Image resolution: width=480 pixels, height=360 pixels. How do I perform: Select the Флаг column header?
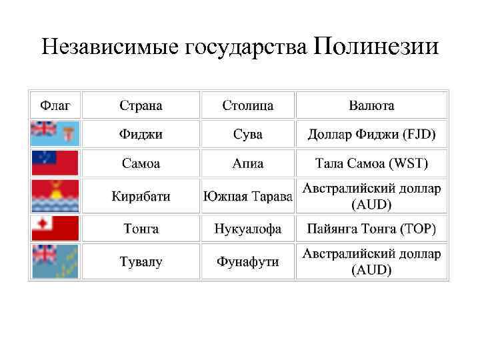[x=55, y=105]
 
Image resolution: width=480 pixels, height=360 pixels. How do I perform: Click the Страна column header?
[x=141, y=105]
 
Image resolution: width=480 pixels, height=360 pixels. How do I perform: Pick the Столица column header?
[x=248, y=105]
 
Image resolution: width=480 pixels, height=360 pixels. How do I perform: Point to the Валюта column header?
[x=371, y=105]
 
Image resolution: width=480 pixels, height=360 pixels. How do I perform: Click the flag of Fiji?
[x=55, y=133]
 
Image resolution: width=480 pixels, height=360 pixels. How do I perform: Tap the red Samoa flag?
[x=55, y=163]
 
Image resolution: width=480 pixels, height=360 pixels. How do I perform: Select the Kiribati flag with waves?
[x=55, y=196]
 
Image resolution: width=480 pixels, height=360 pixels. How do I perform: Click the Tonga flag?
[x=55, y=229]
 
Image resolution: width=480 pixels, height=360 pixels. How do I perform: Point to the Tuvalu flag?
[x=55, y=261]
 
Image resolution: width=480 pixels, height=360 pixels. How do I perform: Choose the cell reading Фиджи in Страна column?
[x=141, y=134]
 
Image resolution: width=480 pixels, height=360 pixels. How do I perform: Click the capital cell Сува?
[x=248, y=134]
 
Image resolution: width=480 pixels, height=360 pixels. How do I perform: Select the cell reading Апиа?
[x=248, y=163]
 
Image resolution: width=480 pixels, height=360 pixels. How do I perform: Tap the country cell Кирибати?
[x=141, y=197]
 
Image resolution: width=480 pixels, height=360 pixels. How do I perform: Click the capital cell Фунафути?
[x=248, y=262]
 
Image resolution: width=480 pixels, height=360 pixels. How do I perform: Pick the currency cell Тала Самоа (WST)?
[x=371, y=163]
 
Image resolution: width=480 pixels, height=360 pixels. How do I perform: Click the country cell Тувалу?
[x=141, y=262]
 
